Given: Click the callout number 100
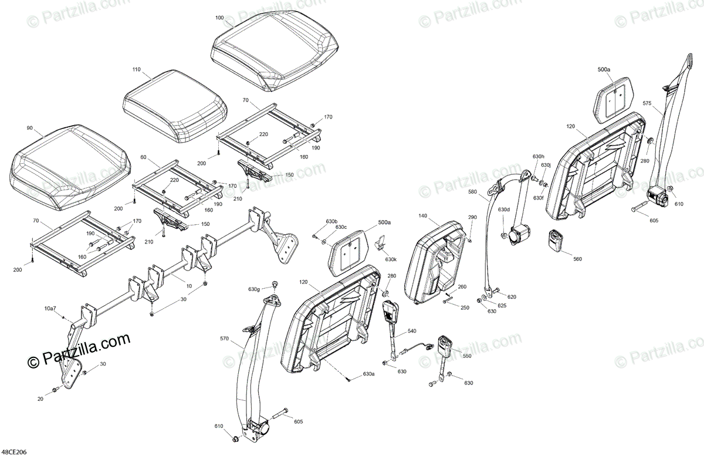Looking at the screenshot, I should click(x=219, y=18).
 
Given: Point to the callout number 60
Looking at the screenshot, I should click(x=144, y=157).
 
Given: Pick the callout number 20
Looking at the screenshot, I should click(x=40, y=399).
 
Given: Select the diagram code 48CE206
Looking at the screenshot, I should click(x=14, y=451).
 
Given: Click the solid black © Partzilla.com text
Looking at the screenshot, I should click(x=79, y=342).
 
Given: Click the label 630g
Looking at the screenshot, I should click(x=253, y=289).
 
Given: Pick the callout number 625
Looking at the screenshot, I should click(x=502, y=306).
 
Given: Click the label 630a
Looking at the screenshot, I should click(x=368, y=374).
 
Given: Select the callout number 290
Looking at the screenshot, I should click(x=473, y=218).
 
